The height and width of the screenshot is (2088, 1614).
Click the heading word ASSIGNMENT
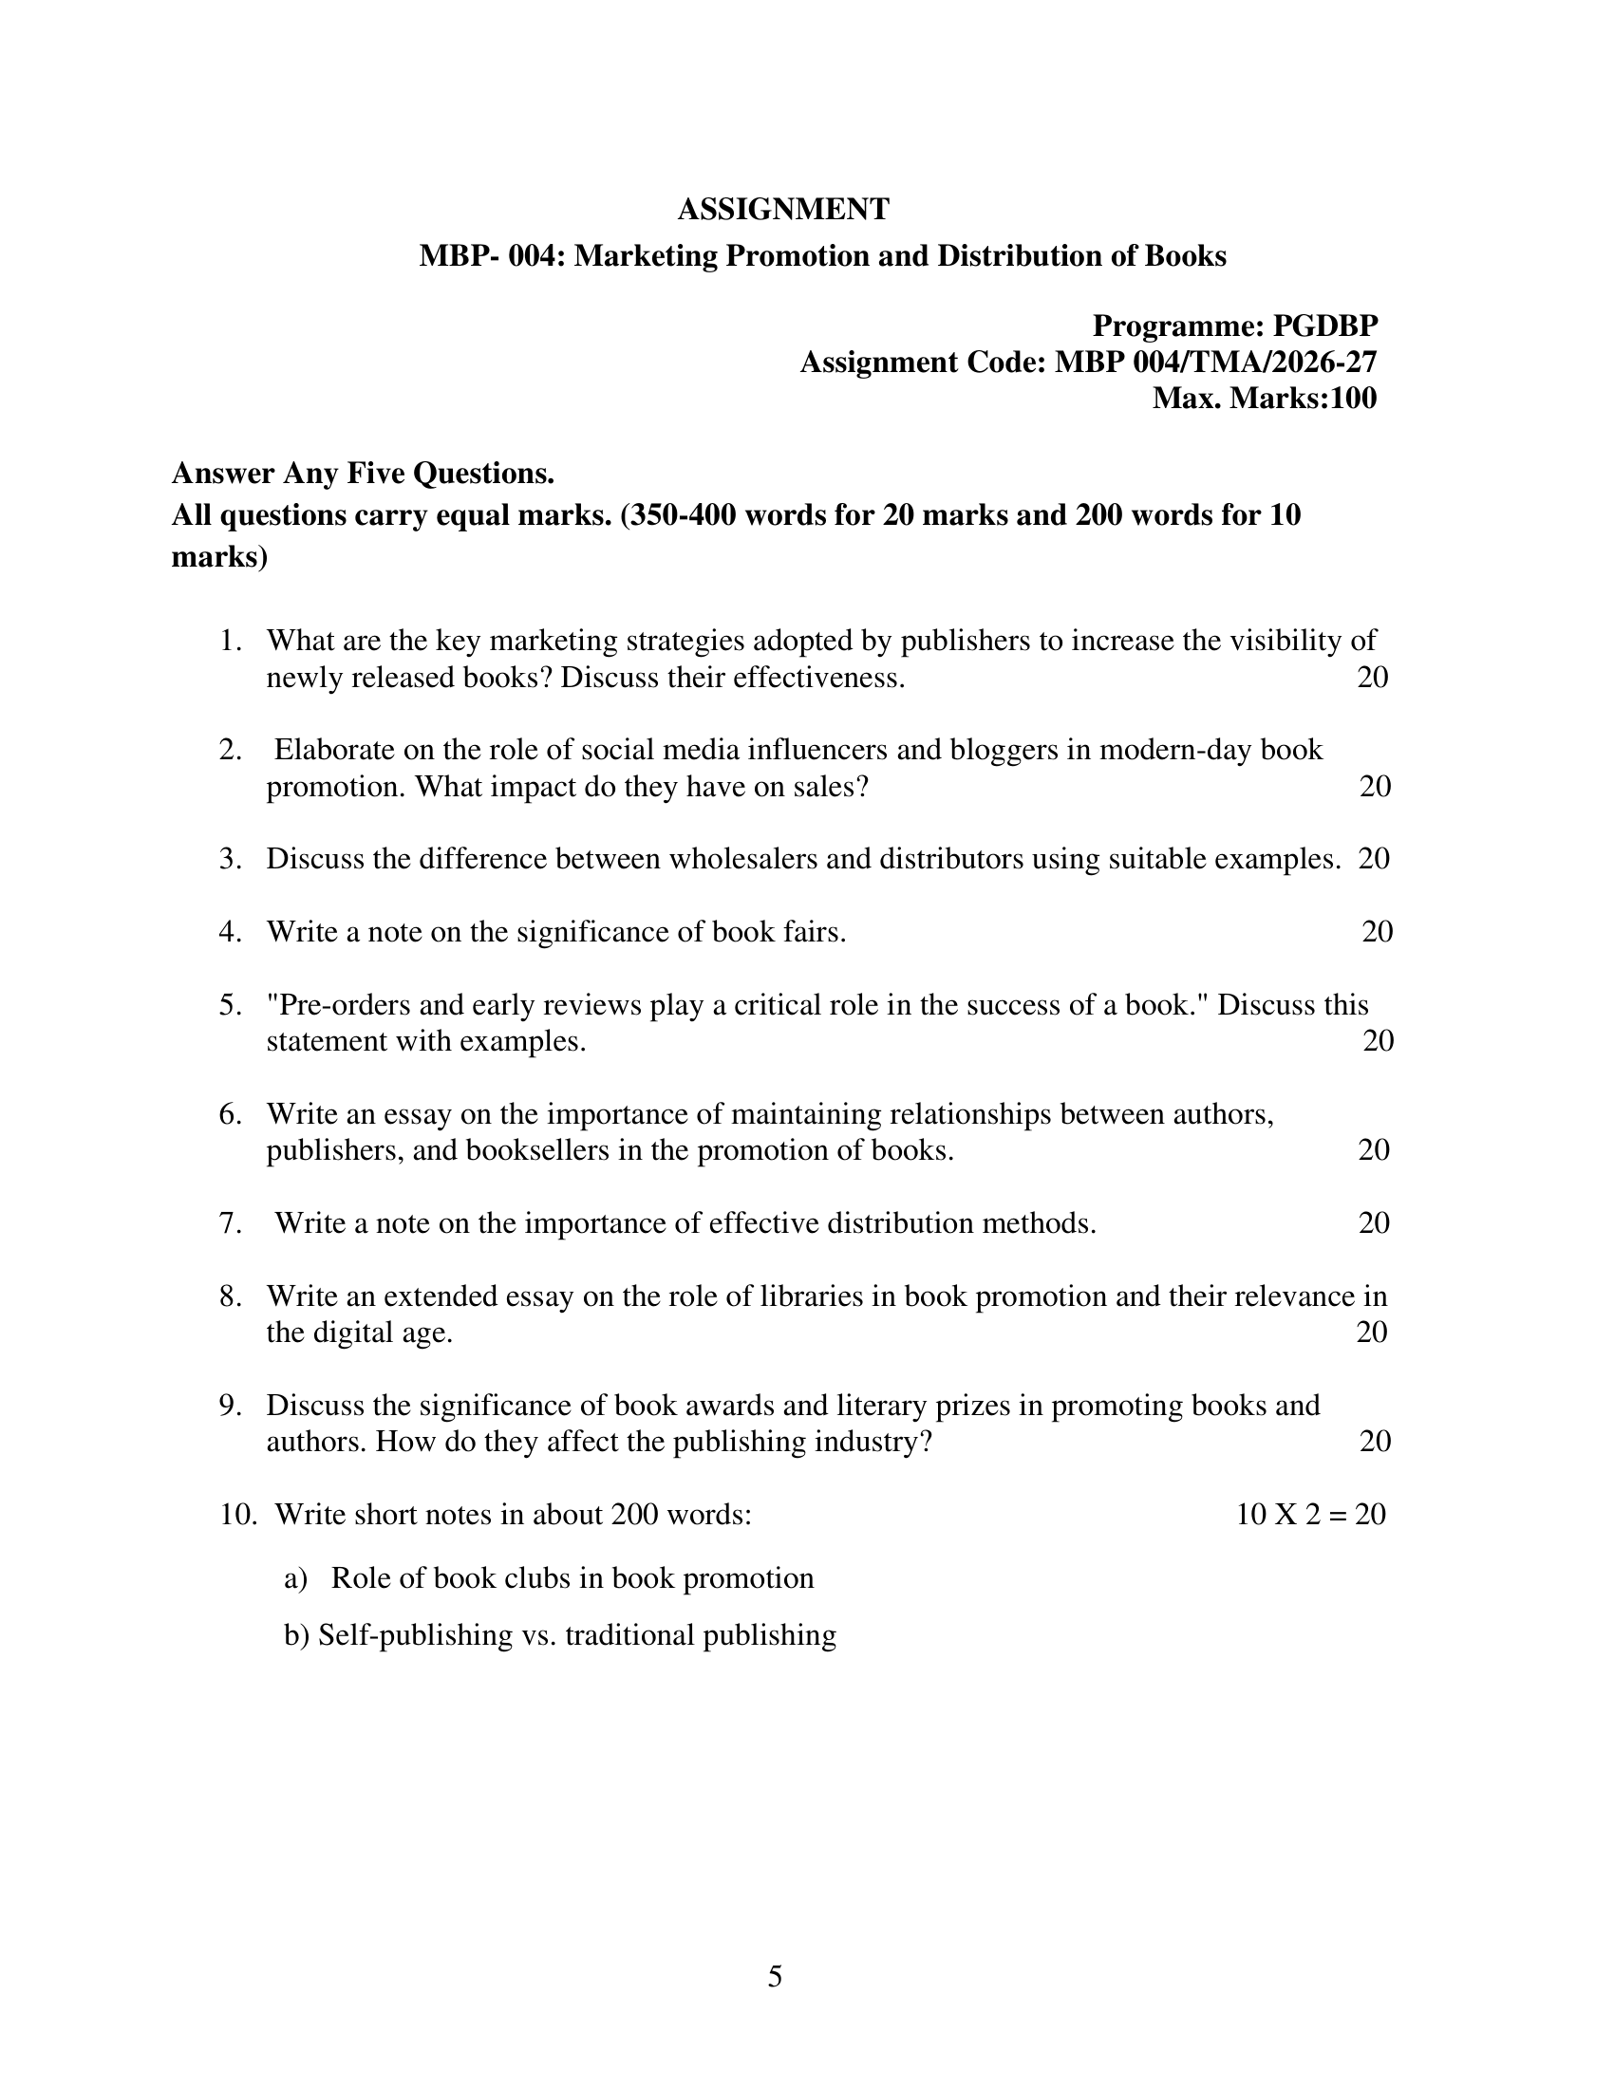click(x=783, y=210)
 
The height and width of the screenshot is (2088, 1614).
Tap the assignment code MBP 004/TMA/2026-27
click(x=1215, y=363)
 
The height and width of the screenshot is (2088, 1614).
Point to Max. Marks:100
click(x=1264, y=398)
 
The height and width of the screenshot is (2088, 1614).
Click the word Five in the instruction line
click(x=370, y=474)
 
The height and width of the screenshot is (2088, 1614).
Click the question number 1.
click(x=230, y=641)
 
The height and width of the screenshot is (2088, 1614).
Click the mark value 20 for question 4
click(x=1377, y=931)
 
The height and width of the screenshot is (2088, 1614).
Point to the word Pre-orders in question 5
click(x=334, y=1005)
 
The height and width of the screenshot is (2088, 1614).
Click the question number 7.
click(x=230, y=1222)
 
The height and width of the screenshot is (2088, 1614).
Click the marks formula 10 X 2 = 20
click(x=1310, y=1515)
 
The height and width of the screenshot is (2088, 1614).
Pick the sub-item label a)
click(x=294, y=1578)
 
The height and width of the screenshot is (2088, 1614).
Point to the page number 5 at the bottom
click(x=775, y=1976)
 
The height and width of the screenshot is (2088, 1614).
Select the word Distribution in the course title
click(x=1021, y=256)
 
